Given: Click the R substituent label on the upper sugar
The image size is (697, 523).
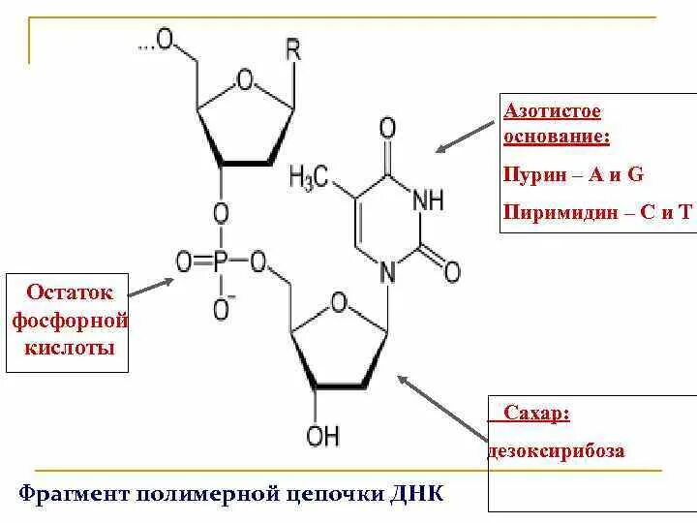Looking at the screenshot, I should coord(292,49).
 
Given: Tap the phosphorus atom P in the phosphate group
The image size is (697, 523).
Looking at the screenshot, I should coord(221,261).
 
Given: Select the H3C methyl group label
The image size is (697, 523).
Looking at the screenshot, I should coord(310,177).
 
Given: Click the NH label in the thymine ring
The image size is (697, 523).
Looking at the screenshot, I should coord(427,200).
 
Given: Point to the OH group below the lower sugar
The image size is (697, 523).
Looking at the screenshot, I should coord(322,435).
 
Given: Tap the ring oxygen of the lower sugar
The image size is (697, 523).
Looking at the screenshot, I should coord(339,303).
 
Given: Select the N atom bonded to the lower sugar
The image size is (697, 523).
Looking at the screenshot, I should coord(387,274).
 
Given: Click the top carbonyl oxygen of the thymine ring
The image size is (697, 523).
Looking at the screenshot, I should coord(387,127).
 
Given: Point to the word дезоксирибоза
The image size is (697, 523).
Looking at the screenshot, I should coord(556,450).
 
